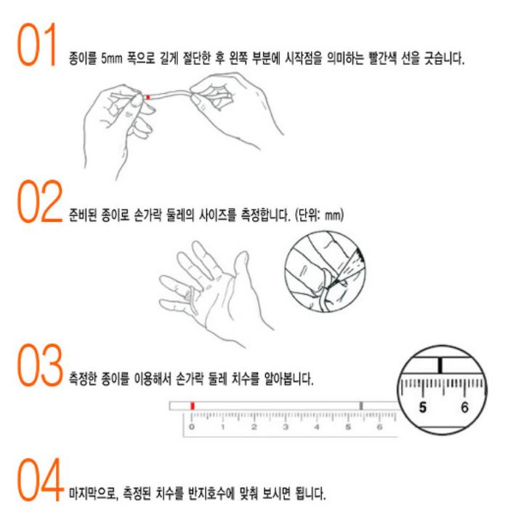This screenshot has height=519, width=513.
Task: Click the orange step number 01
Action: [37, 45]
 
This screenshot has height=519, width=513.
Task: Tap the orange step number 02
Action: [40, 201]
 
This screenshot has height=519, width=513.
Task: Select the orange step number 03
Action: [40, 365]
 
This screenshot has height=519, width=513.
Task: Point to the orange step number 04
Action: [40, 480]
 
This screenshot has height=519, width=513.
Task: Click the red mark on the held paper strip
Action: [148, 98]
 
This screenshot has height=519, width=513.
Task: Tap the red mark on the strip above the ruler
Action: [193, 405]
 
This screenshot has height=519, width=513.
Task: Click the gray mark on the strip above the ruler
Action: [361, 405]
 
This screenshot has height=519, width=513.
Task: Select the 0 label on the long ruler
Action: [192, 427]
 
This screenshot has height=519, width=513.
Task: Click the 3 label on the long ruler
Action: [286, 427]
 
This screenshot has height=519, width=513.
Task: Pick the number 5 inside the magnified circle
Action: [422, 408]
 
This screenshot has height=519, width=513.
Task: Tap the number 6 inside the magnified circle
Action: [465, 408]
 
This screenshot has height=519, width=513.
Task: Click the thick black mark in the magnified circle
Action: [440, 365]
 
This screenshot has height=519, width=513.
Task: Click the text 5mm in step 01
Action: [112, 58]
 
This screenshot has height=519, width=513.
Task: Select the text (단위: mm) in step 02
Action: [319, 215]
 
